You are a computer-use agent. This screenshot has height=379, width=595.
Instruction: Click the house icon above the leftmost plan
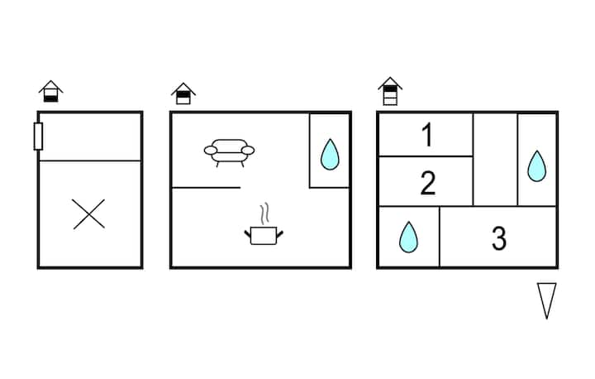point(51,91)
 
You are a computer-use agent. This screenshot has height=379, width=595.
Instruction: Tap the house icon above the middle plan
point(183,94)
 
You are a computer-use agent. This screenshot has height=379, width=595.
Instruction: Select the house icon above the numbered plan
point(390,91)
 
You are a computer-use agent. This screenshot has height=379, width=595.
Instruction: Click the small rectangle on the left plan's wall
point(38,136)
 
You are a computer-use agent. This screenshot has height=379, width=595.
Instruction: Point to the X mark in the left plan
point(89,214)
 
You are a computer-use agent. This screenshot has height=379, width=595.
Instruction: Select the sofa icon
point(229,151)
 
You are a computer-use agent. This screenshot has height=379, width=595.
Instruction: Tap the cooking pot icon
point(264,235)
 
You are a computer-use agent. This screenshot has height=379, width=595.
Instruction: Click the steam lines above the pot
point(264,214)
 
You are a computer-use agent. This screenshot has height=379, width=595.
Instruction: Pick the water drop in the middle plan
point(330,154)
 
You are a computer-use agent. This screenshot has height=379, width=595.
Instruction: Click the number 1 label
point(427,135)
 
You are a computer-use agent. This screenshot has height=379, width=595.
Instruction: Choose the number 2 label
point(427,182)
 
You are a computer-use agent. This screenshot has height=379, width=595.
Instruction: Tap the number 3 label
point(498,238)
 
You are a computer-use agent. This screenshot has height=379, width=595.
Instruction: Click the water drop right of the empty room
point(537,166)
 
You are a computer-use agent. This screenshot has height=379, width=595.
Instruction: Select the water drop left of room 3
point(408,237)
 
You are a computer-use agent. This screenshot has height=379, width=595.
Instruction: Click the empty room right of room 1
point(495,160)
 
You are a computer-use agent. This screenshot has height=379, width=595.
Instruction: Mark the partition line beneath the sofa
point(207,188)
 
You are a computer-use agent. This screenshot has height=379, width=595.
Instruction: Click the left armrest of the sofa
point(210,151)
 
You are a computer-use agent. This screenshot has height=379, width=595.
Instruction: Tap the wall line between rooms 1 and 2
point(426,156)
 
